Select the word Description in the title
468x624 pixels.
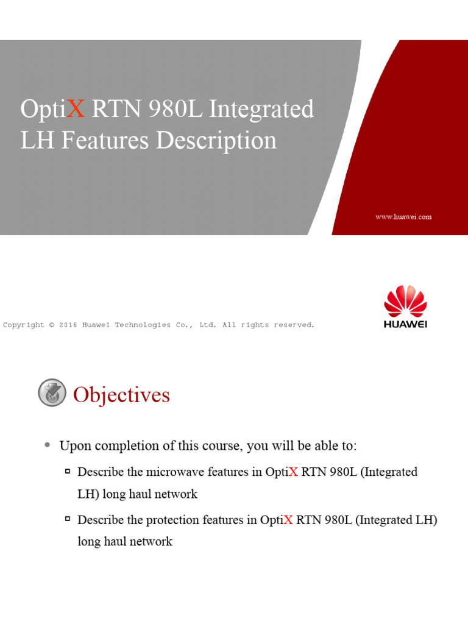[216, 141]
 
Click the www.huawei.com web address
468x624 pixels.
[403, 217]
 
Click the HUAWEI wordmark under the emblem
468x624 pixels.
[405, 324]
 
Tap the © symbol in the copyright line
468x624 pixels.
[52, 325]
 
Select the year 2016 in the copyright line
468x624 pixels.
[68, 325]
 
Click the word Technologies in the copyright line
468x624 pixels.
[140, 325]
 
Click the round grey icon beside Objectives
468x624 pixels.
[52, 393]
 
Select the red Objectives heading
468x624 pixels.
[121, 395]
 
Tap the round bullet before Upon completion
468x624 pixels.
[48, 445]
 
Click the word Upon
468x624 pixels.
[73, 446]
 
